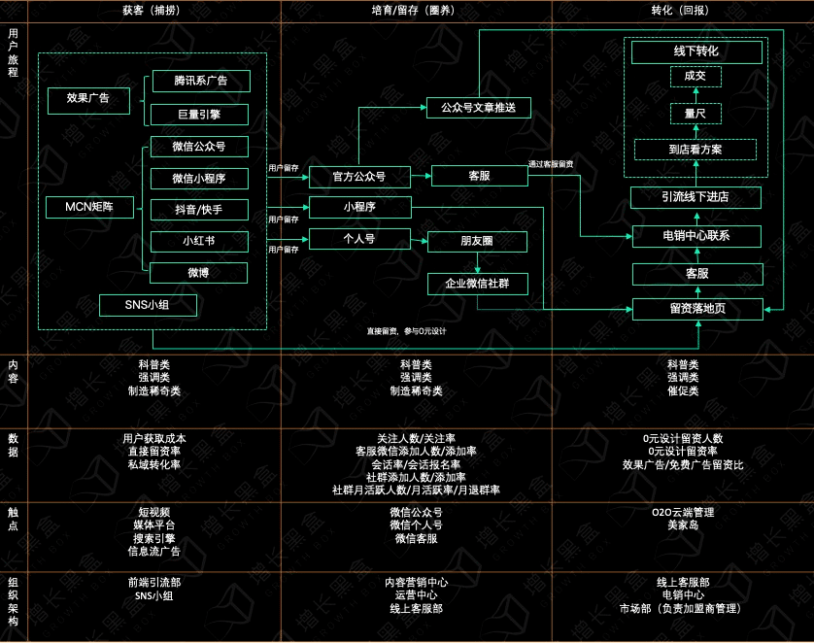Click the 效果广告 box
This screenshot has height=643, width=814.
pyautogui.click(x=88, y=101)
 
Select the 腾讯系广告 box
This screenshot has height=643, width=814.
pyautogui.click(x=201, y=81)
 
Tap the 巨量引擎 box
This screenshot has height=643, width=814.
pyautogui.click(x=199, y=115)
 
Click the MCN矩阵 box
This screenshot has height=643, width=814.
pyautogui.click(x=89, y=207)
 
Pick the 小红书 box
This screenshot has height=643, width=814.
pyautogui.click(x=199, y=241)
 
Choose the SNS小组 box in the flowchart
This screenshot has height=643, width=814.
pyautogui.click(x=148, y=305)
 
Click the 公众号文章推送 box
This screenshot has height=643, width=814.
pyautogui.click(x=478, y=108)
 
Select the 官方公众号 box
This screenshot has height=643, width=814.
pyautogui.click(x=359, y=177)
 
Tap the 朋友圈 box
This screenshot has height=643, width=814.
pyautogui.click(x=477, y=241)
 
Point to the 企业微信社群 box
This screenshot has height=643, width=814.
pyautogui.click(x=477, y=284)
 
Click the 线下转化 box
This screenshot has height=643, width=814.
pyautogui.click(x=696, y=51)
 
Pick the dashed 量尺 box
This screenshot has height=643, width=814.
pyautogui.click(x=695, y=114)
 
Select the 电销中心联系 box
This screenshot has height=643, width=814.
pyautogui.click(x=696, y=236)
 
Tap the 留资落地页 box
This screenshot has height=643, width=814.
pyautogui.click(x=697, y=309)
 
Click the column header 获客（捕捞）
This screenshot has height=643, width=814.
pyautogui.click(x=152, y=11)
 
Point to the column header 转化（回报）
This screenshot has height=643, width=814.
pyautogui.click(x=680, y=11)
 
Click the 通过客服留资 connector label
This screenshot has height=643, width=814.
pyautogui.click(x=551, y=164)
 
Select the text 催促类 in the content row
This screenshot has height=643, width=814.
pyautogui.click(x=683, y=390)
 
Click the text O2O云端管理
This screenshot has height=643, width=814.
pyautogui.click(x=683, y=512)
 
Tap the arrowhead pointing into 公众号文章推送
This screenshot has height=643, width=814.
pyautogui.click(x=424, y=108)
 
